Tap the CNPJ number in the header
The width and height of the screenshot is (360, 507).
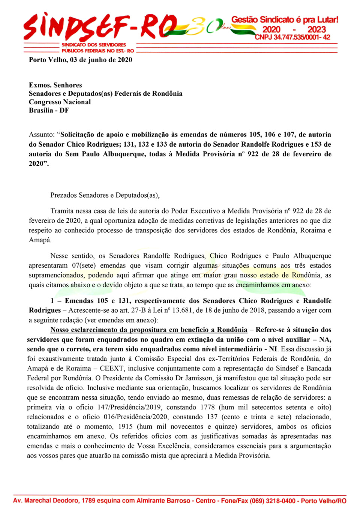pos(292,37)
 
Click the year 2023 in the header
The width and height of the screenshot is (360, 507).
pos(316,29)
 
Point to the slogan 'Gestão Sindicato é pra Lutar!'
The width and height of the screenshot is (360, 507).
pos(285,19)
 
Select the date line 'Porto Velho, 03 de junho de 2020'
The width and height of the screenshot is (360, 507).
pos(81,60)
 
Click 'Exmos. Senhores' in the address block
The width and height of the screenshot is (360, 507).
pos(55,85)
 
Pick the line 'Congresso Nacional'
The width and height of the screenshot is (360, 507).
pos(60,102)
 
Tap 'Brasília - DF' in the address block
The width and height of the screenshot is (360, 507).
pos(49,110)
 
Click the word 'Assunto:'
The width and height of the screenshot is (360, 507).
pos(42,135)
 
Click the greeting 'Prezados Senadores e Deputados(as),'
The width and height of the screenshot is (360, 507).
pos(105,195)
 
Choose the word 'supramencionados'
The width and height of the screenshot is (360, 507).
pos(56,275)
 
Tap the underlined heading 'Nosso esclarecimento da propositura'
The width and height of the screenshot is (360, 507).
pos(149,330)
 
